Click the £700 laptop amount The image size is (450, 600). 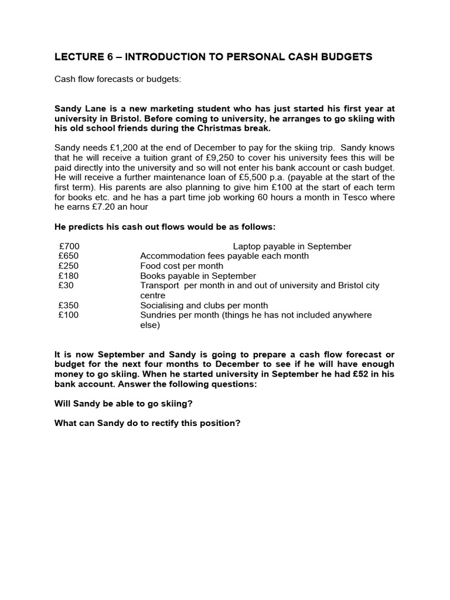point(69,246)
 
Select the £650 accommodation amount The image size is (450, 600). point(69,256)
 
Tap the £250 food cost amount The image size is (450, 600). point(69,266)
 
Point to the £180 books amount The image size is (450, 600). point(69,276)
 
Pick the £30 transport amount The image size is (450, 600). point(67,285)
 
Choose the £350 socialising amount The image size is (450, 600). point(69,305)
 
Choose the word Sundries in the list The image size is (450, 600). point(158,315)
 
